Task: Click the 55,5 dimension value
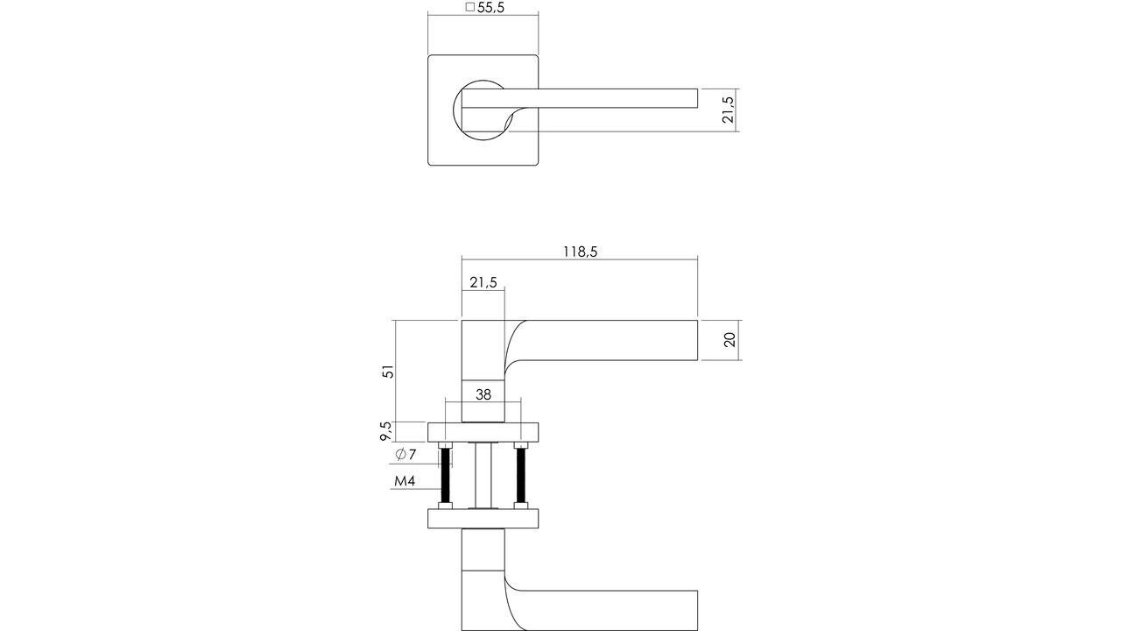[490, 8]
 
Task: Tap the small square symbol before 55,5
[469, 8]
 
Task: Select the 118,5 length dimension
[579, 252]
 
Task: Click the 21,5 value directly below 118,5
[483, 282]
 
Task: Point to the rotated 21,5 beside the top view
[728, 110]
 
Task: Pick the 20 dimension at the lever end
[730, 340]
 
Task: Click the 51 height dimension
[389, 371]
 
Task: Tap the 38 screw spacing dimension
[483, 394]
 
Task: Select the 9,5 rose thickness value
[385, 431]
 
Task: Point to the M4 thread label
[404, 481]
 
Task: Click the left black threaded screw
[445, 478]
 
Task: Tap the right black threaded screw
[521, 478]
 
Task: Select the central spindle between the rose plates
[483, 475]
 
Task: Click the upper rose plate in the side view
[483, 431]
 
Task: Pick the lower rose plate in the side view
[483, 519]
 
